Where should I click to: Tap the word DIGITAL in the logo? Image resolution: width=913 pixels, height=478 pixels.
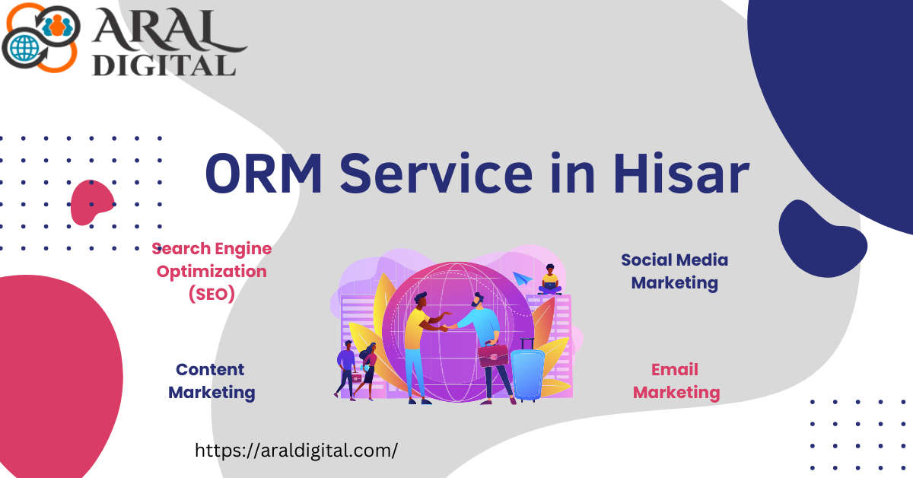pos(164,65)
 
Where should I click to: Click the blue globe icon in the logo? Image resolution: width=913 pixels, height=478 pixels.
pos(24,48)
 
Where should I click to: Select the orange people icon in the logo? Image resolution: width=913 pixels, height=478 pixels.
pos(58,25)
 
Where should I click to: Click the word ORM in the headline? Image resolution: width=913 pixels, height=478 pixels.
pos(264,174)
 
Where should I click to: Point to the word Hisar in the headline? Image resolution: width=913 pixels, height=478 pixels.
pos(681,173)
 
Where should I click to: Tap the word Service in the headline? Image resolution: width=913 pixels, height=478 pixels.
pos(436,173)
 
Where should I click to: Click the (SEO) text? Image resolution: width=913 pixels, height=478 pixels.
pos(212,294)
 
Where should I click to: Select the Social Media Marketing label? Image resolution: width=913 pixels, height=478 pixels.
pos(675,272)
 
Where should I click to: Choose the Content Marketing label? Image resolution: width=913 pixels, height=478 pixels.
pos(212,381)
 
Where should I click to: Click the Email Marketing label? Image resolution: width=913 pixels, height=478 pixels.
pos(676,381)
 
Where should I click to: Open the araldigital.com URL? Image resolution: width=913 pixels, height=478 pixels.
pos(296,451)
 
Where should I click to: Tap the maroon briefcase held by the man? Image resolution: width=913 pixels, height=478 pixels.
pos(493,355)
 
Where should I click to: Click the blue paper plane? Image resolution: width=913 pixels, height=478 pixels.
pos(523,279)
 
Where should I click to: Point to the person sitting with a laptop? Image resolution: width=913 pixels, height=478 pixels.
pos(550,279)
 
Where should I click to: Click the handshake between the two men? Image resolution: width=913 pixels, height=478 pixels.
pos(445,327)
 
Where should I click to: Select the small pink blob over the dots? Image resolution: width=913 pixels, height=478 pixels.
pos(92,202)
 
